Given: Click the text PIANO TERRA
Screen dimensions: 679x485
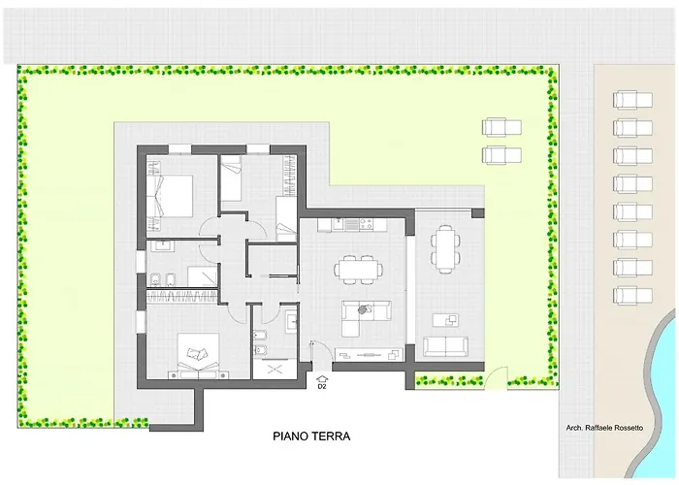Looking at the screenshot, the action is (x=311, y=436).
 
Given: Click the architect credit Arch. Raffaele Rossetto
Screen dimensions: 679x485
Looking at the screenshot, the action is (x=604, y=428).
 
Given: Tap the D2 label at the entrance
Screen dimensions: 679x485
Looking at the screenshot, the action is (x=322, y=387).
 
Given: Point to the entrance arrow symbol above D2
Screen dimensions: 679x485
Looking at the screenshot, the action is (x=322, y=379).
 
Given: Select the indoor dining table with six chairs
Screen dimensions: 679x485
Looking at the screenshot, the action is (x=359, y=270).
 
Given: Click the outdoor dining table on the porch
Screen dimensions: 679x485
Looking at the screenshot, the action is (x=445, y=249).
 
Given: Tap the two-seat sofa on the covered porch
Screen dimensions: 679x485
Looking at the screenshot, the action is (x=445, y=346).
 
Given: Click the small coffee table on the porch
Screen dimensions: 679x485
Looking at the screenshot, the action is (x=446, y=319).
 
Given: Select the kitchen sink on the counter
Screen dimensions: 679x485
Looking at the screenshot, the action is (x=338, y=225).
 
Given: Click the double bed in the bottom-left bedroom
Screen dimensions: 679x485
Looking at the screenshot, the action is (x=198, y=356).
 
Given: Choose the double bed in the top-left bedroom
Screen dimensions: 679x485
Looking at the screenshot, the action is (x=170, y=195).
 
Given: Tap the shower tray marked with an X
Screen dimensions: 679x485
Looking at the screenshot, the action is (x=275, y=370).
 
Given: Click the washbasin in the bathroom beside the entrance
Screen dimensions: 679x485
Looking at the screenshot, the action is (x=292, y=321).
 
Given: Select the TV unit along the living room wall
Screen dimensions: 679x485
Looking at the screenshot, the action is (x=370, y=354).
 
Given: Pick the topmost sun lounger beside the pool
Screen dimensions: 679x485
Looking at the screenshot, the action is (x=632, y=100).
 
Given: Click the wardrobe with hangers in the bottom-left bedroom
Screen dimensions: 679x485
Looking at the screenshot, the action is (x=182, y=297).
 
